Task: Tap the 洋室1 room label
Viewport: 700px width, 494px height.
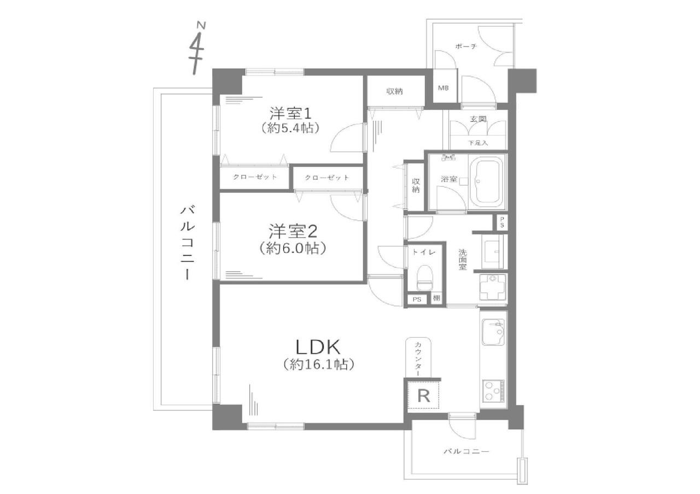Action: point(290,114)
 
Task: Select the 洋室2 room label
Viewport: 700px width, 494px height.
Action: point(293,232)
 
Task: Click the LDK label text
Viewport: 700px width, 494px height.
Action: point(318,346)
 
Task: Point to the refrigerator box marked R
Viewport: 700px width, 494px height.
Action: point(423,396)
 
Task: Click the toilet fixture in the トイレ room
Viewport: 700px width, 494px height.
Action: point(425,278)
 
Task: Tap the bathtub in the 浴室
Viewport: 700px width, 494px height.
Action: point(487,181)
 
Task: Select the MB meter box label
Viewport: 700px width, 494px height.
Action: point(443,89)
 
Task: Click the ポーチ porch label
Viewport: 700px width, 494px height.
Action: point(466,46)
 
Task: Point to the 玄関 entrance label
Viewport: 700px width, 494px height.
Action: point(478,119)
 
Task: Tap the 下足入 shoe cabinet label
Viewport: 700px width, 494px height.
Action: point(478,143)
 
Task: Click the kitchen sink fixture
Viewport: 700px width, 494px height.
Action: point(493,332)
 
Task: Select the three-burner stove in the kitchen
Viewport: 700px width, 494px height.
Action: point(493,391)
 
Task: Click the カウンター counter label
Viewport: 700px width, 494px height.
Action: point(418,358)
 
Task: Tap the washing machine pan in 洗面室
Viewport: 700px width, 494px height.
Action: point(493,287)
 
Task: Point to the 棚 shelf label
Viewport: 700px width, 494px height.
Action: point(436,298)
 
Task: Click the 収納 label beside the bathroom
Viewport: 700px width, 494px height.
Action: point(415,185)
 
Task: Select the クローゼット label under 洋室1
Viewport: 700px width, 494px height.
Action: point(255,177)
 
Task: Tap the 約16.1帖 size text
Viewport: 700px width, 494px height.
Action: point(319,364)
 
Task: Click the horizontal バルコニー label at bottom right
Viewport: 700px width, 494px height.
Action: point(466,451)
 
